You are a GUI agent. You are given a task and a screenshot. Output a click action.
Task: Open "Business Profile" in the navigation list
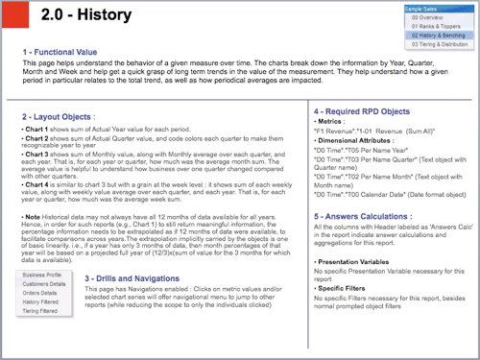40,275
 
